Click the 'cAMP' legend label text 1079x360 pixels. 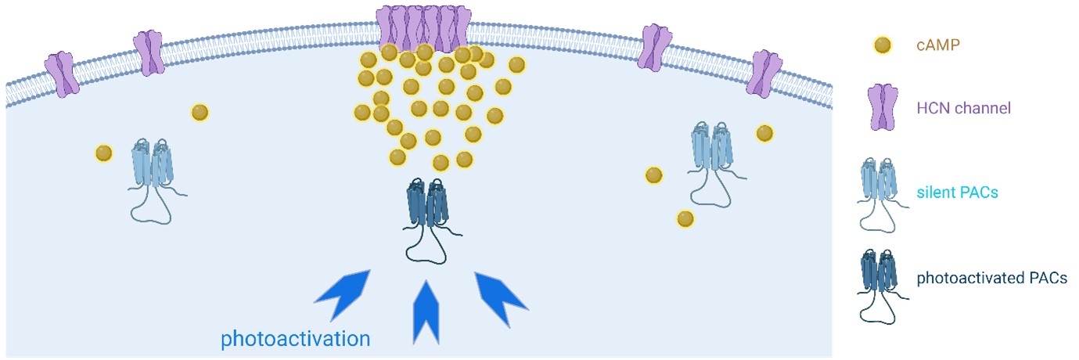[938, 45]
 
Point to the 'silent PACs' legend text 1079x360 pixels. [957, 192]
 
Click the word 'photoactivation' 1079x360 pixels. [295, 339]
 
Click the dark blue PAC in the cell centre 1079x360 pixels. [428, 211]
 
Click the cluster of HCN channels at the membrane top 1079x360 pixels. [423, 27]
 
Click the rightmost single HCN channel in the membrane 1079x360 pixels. [767, 74]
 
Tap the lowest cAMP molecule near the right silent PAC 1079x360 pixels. [685, 218]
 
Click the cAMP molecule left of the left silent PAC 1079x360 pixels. [103, 153]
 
